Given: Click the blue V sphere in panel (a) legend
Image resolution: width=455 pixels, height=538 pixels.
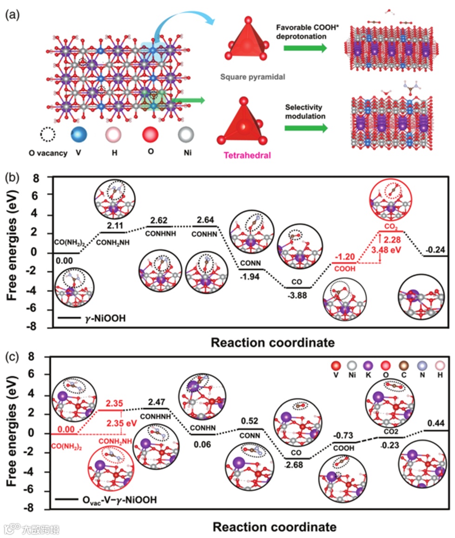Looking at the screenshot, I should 79,135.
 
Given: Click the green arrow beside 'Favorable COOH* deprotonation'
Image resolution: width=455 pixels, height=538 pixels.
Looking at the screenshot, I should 304,46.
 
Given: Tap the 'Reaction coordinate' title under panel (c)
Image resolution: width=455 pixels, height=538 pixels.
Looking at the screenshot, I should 274,527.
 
